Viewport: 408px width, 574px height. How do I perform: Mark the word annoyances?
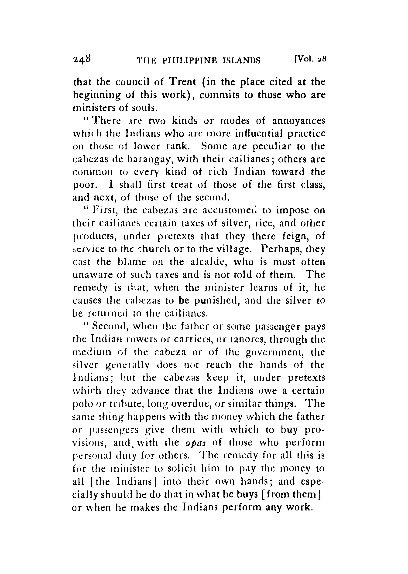pyautogui.click(x=299, y=121)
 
